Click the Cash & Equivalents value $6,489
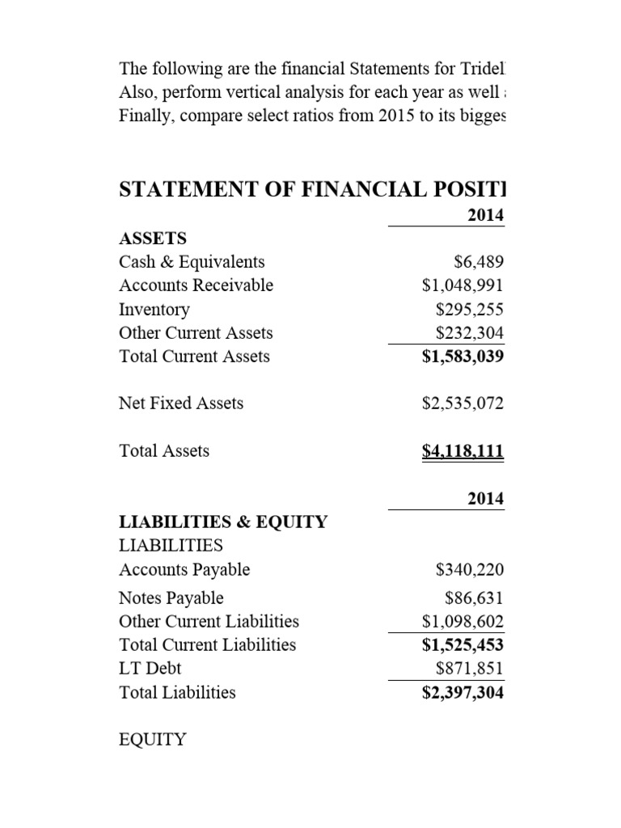480,262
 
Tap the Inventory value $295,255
470,310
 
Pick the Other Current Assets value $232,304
470,333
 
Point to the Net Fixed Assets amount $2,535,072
463,403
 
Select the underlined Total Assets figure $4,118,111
463,450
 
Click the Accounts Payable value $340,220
470,570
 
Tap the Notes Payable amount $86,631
475,598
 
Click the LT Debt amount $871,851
470,669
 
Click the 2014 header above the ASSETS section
486,215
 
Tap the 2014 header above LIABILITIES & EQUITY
486,500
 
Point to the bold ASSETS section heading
153,239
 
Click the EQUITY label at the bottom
153,739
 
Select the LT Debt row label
150,669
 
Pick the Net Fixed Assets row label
181,403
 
